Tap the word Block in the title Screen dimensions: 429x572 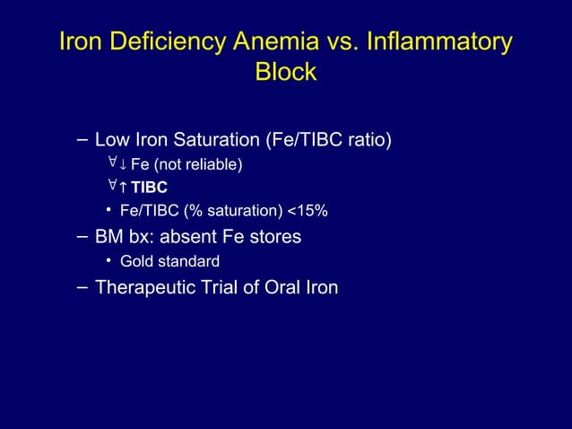click(x=286, y=72)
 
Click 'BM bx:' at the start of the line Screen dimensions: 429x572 click(x=123, y=237)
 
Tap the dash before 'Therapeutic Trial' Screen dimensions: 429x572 click(x=82, y=286)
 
